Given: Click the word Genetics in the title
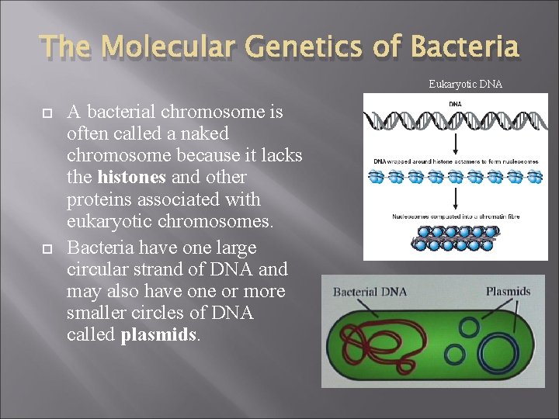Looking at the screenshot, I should coord(307,47).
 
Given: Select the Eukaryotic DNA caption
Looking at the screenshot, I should coord(465,84).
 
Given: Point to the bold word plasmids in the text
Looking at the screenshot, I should coord(158,336).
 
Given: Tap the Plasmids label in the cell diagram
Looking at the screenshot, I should coord(508,292).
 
